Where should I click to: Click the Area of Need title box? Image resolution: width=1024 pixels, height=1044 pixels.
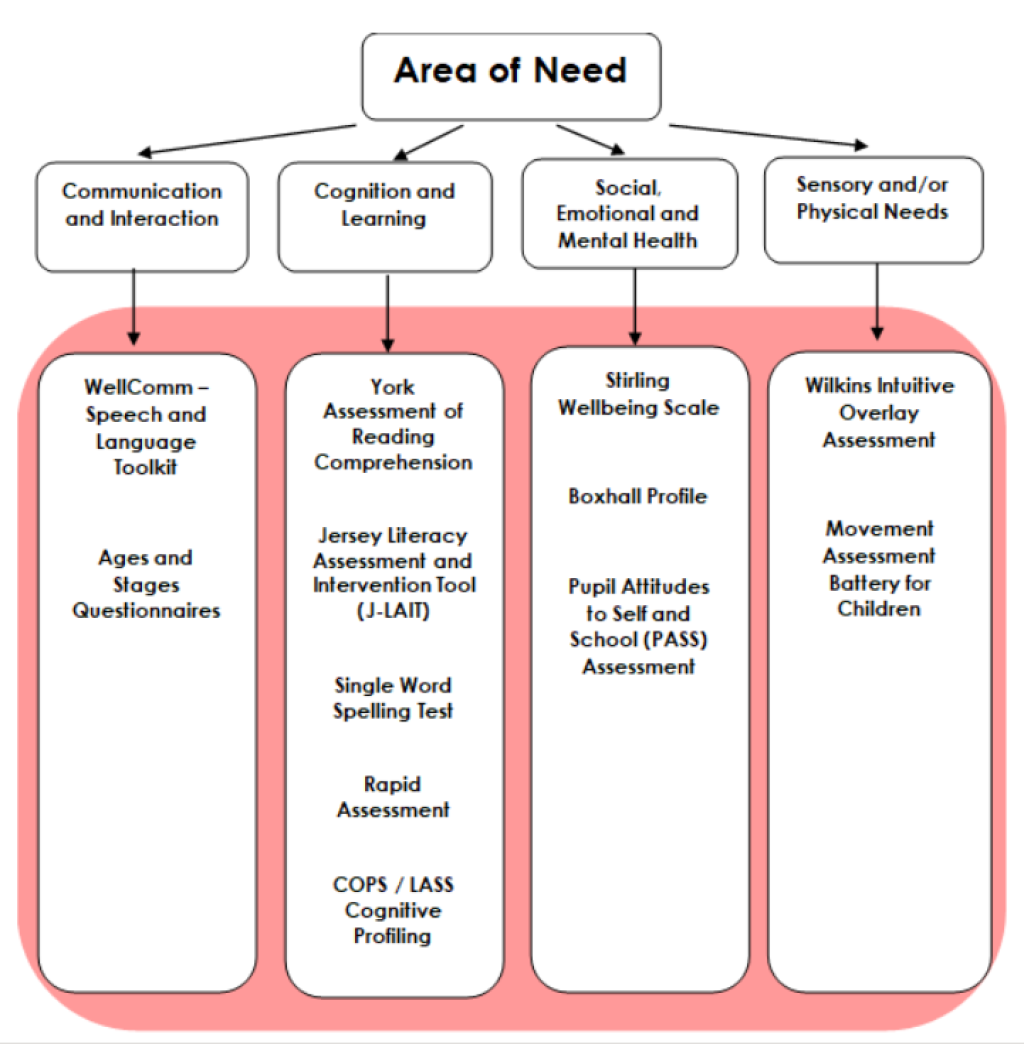point(510,74)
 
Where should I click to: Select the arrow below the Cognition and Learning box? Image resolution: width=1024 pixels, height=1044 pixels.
point(387,311)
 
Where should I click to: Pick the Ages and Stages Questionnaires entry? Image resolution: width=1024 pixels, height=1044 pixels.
point(146,584)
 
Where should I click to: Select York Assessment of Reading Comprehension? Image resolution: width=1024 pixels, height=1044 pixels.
point(393,425)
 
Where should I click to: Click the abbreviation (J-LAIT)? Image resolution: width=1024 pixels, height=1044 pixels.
point(394,610)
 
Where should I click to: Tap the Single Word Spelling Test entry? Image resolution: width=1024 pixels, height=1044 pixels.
point(393,698)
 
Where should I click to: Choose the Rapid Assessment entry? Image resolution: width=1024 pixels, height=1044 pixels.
point(393,797)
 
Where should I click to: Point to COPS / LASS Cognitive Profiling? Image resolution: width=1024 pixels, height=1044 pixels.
point(393,910)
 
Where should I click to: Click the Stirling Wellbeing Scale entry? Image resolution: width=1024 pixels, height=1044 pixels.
point(638,394)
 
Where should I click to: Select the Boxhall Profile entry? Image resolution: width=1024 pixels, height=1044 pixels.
point(638,496)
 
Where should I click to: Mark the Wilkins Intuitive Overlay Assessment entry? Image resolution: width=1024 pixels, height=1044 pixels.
point(880,412)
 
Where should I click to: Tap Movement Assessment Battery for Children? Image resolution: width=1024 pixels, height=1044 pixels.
point(880,568)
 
